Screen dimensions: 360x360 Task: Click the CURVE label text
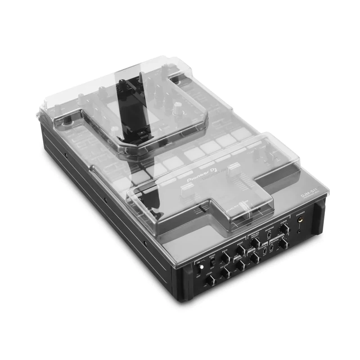[284, 221]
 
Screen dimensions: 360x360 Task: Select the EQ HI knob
[225, 258]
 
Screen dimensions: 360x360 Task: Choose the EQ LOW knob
[226, 273]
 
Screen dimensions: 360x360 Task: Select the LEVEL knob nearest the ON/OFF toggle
[210, 279]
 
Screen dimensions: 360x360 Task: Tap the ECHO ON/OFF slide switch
[212, 262]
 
